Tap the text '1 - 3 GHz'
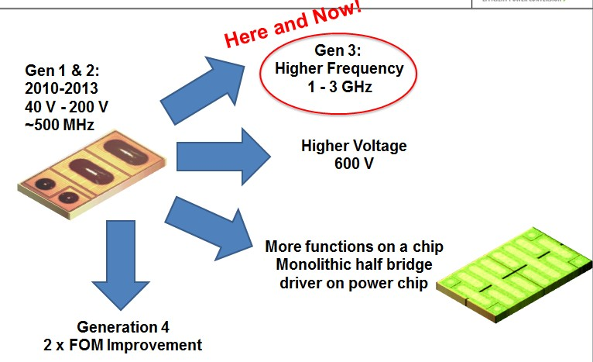tap(339, 87)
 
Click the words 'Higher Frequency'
tap(339, 69)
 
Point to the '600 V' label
tap(354, 164)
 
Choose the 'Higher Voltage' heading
tap(354, 146)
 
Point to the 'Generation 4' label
tap(139, 326)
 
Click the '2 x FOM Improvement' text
tap(139, 345)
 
